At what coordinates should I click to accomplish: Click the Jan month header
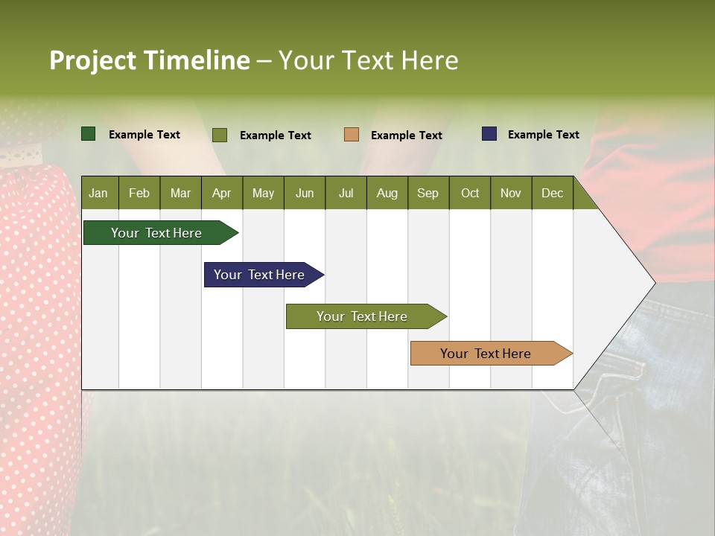click(98, 193)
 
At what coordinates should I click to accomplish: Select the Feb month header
click(139, 193)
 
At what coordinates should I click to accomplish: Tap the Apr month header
click(221, 193)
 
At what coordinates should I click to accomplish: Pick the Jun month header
click(305, 193)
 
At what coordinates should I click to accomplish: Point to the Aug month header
click(387, 193)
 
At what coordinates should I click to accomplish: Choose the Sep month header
click(428, 193)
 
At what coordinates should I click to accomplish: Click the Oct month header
click(470, 193)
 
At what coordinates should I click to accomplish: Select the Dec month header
click(552, 193)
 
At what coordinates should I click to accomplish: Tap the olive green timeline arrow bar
click(363, 316)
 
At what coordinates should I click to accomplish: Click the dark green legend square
click(89, 134)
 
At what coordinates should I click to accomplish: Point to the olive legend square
click(220, 135)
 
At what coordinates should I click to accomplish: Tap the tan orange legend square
click(352, 135)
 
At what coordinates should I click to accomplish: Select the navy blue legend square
click(489, 134)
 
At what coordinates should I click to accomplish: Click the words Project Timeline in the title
click(150, 60)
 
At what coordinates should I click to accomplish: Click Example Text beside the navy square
click(543, 135)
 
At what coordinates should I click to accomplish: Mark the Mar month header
click(180, 193)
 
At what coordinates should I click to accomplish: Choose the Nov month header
click(511, 193)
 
